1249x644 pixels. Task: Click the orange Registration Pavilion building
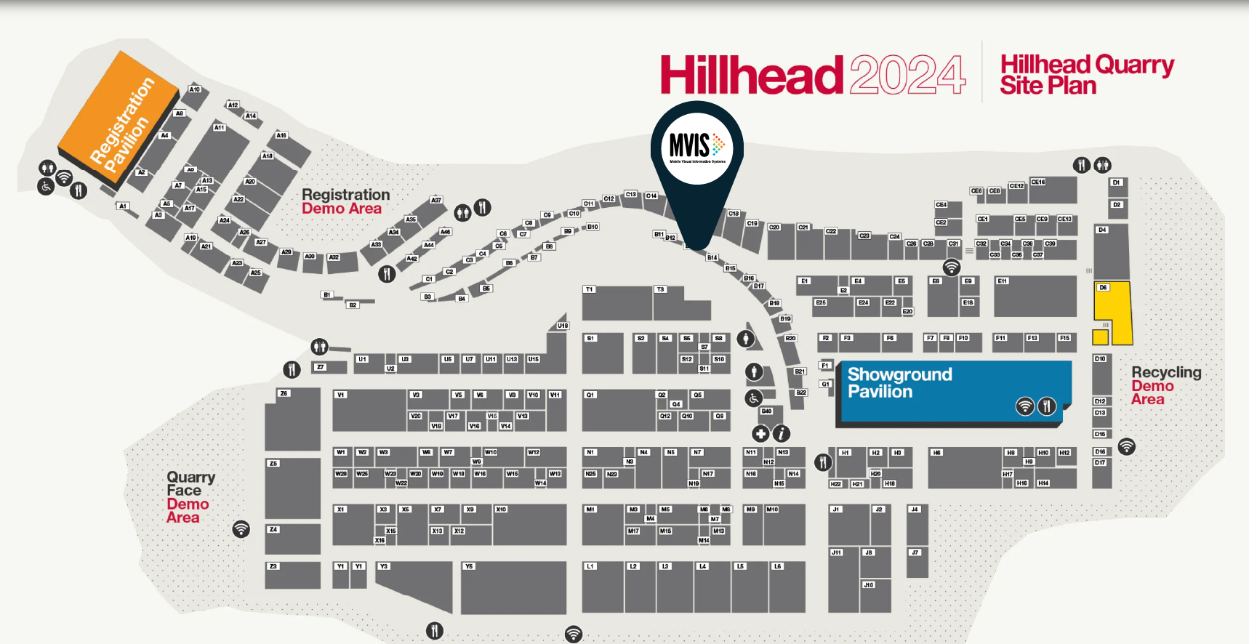119,116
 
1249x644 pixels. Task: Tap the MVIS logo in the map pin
696,148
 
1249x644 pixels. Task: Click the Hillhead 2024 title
813,75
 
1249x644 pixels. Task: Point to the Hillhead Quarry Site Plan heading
1086,74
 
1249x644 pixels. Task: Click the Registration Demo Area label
345,201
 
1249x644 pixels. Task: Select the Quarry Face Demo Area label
190,496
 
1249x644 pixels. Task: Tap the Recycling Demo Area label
1165,385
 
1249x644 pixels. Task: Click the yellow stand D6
1112,313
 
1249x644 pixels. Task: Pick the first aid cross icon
760,434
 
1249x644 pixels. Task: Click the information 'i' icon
781,434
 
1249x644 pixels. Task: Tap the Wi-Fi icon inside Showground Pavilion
1024,406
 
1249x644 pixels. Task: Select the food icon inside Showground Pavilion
1046,406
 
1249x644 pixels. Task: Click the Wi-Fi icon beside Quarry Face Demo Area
241,529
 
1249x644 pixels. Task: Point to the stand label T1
590,289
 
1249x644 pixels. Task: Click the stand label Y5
469,566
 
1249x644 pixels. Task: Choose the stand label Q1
590,395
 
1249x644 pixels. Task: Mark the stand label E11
1003,281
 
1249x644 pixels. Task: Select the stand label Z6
284,393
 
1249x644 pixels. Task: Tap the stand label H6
937,452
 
